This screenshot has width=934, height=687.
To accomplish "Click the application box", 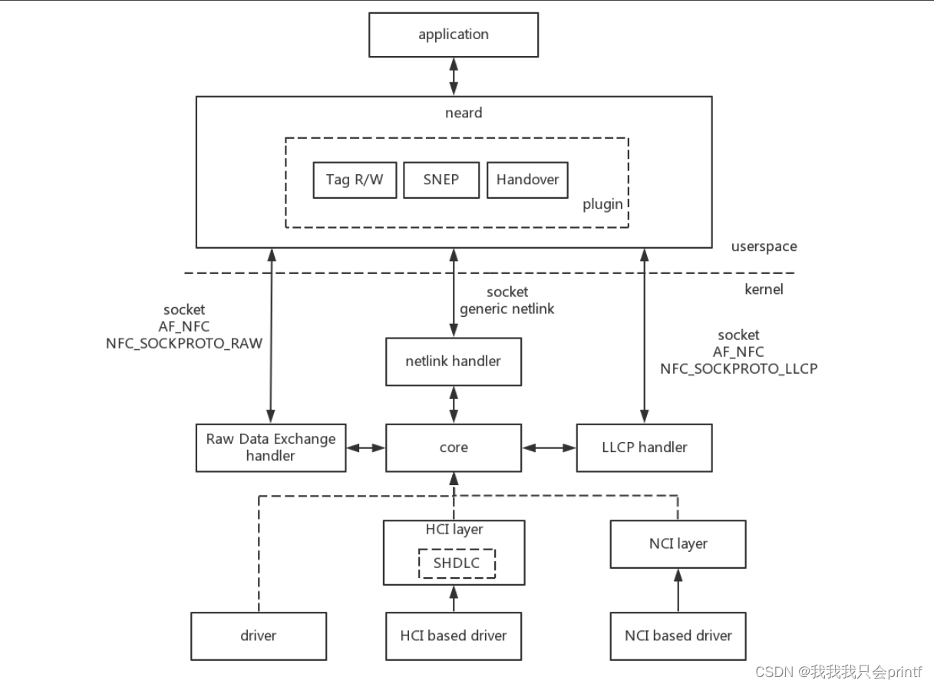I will tap(454, 35).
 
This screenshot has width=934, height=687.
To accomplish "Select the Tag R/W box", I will tap(355, 180).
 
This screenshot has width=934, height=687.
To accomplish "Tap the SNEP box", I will tap(441, 180).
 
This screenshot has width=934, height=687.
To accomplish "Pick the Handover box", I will tap(527, 180).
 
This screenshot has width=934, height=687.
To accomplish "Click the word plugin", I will tap(602, 204).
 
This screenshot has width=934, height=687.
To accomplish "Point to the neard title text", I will tap(464, 113).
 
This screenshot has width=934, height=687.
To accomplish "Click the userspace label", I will tap(764, 246).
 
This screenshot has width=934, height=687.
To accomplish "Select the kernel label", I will tap(764, 289).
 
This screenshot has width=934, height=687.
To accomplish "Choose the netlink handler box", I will tap(454, 361).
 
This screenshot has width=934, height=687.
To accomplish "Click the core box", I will tap(454, 448).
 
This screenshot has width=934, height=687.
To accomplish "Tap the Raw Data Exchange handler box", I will tap(270, 448).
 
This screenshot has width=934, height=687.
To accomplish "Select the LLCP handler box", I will tap(644, 448).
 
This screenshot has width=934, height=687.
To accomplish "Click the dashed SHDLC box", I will tap(457, 563).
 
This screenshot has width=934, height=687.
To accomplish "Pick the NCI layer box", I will tap(678, 543).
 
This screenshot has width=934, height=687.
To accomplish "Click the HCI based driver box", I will tap(454, 636).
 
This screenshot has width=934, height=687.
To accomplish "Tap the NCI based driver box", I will tap(678, 636).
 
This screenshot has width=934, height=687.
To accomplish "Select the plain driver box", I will tap(259, 636).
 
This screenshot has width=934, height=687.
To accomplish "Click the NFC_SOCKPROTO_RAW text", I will tap(184, 344).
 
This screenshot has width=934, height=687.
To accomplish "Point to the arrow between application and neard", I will tap(454, 76).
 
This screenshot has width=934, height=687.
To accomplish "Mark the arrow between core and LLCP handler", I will tap(549, 448).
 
